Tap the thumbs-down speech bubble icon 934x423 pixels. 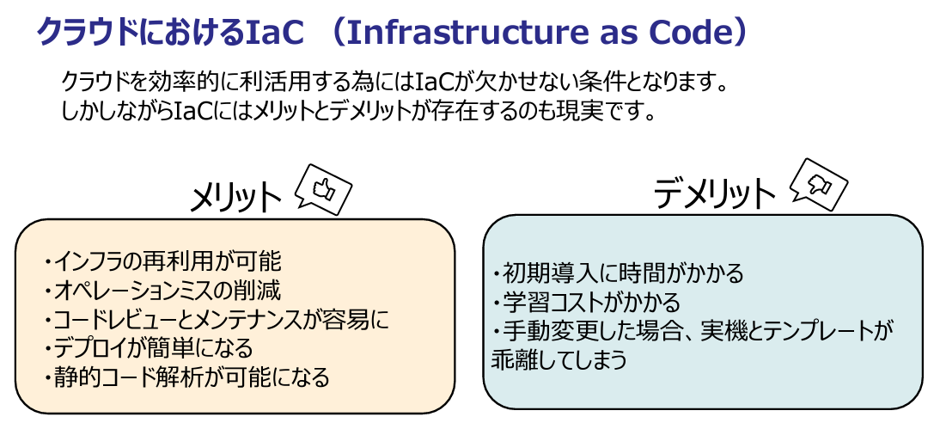tap(819, 185)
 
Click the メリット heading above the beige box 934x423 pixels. tap(235, 198)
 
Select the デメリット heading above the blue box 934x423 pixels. tap(714, 193)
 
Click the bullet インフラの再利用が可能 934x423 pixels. tap(161, 261)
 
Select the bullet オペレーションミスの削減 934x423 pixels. tap(161, 291)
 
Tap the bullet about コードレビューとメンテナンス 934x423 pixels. tap(215, 320)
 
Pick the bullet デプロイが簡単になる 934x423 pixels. tap(148, 348)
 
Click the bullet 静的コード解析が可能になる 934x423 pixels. tap(186, 377)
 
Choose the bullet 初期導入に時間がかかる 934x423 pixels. tap(618, 273)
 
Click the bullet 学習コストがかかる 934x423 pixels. tap(585, 303)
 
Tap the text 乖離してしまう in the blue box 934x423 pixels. tap(559, 360)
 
